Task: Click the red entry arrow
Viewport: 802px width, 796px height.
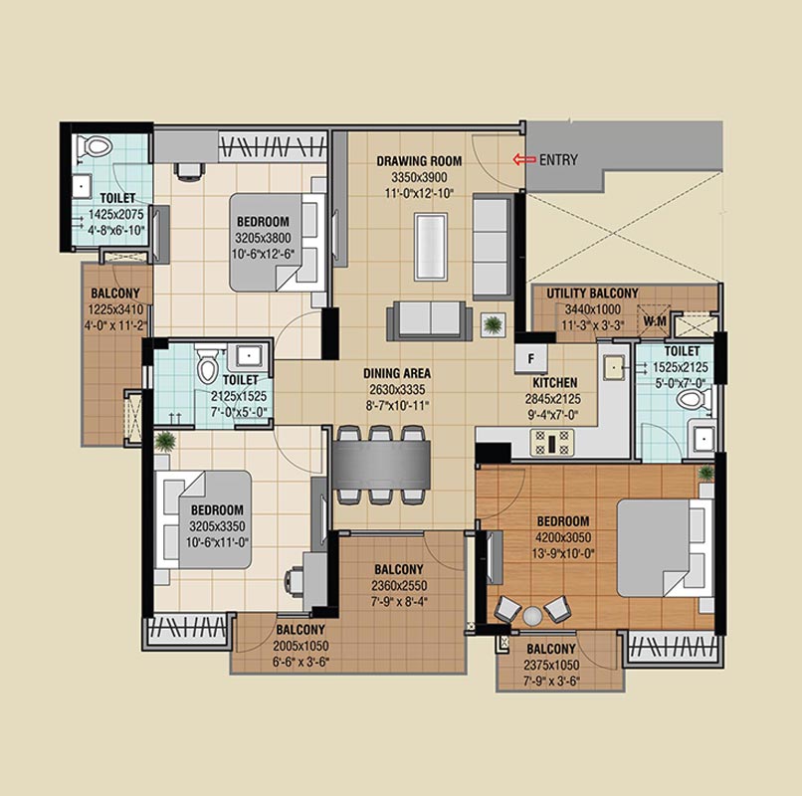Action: coord(524,159)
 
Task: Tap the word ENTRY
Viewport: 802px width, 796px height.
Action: coord(558,160)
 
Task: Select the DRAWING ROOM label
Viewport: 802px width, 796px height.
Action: coord(419,161)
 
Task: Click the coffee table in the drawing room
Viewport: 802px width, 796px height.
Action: coord(430,247)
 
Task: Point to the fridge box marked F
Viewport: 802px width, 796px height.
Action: coord(531,358)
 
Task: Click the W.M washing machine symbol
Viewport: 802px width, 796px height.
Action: coord(654,321)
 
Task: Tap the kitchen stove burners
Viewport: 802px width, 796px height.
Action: coord(552,443)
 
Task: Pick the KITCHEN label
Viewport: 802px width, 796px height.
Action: coord(555,383)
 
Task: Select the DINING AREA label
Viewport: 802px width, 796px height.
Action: coord(397,373)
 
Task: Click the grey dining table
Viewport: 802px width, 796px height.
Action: coord(381,465)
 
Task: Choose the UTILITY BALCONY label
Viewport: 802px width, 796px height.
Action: coord(592,294)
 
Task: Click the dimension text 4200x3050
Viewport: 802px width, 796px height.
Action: coord(563,537)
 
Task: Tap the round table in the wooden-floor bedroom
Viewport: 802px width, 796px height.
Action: coord(532,616)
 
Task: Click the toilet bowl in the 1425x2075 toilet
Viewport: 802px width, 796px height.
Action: coord(95,147)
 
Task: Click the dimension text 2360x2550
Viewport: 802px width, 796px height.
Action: coord(399,586)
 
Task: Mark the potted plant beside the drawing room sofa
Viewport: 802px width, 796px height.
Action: coord(493,324)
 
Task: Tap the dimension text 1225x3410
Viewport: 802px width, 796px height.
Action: coord(115,309)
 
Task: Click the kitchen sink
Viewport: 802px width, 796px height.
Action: coord(614,367)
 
